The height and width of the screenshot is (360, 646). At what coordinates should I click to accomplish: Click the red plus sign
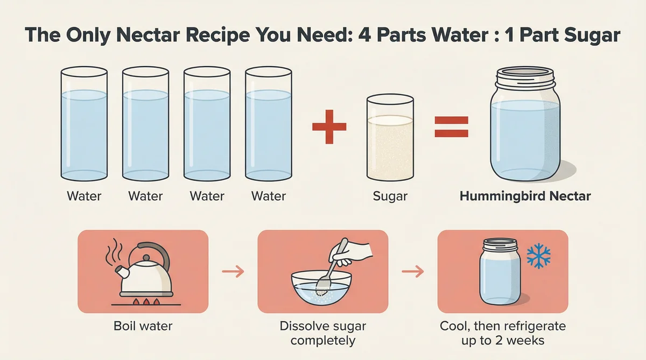tap(329, 126)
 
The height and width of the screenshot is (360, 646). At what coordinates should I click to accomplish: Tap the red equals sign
tap(451, 126)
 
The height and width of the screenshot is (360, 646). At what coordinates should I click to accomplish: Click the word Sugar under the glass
tap(390, 196)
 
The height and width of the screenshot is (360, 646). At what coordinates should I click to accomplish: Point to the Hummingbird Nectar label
tap(525, 196)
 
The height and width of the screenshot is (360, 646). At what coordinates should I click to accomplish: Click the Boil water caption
tap(143, 327)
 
